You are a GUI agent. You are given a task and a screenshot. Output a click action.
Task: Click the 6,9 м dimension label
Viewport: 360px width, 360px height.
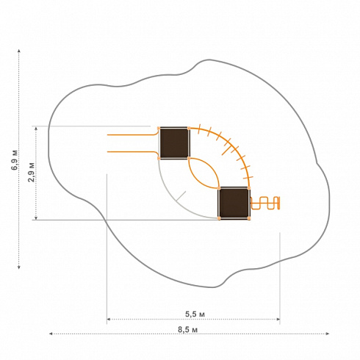pos(15,159)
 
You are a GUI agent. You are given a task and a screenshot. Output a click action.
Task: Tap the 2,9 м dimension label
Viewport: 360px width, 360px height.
pos(31,173)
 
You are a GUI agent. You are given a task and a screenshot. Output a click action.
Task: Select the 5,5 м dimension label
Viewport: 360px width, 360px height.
pos(195,314)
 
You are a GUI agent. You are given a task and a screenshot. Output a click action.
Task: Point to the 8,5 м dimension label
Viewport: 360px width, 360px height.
pos(187,330)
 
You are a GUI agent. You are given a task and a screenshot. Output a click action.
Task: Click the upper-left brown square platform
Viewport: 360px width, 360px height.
pos(174,143)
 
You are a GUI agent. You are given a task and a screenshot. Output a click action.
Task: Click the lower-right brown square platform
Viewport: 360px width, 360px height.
pos(234,204)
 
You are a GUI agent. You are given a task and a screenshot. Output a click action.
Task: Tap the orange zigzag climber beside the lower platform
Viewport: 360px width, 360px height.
pos(265,203)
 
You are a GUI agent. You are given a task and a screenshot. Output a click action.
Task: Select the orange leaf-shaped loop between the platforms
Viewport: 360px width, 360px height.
pos(204,173)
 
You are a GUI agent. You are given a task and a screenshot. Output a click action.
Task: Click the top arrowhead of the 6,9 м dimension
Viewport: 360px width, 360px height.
pos(19,51)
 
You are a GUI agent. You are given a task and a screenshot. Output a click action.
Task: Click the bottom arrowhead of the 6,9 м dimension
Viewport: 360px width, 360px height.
pos(19,267)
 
